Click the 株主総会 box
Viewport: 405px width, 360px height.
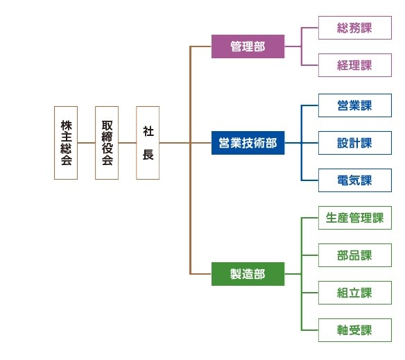click(66, 143)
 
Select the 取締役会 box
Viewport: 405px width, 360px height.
click(107, 143)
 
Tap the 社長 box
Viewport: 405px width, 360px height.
click(148, 143)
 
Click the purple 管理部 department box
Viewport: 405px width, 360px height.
click(248, 46)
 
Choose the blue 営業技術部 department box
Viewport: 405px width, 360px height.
click(248, 143)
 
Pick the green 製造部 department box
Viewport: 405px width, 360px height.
click(248, 274)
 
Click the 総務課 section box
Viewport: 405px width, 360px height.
click(355, 28)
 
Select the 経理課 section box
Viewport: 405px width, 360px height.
click(355, 65)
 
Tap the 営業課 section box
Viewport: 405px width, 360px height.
click(355, 105)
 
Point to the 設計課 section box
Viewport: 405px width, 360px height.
click(355, 143)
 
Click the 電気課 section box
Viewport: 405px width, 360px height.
click(355, 180)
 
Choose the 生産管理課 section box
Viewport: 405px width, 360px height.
click(355, 218)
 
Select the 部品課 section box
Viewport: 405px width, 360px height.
click(355, 255)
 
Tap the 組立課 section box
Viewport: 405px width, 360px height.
click(355, 293)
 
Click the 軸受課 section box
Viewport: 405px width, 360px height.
click(355, 330)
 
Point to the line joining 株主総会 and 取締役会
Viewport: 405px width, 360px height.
click(86, 143)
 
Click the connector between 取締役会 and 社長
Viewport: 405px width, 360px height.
click(128, 143)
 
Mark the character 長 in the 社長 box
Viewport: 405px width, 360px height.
click(148, 155)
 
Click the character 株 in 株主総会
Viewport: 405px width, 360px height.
click(66, 126)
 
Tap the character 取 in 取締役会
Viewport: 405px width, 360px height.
click(107, 126)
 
